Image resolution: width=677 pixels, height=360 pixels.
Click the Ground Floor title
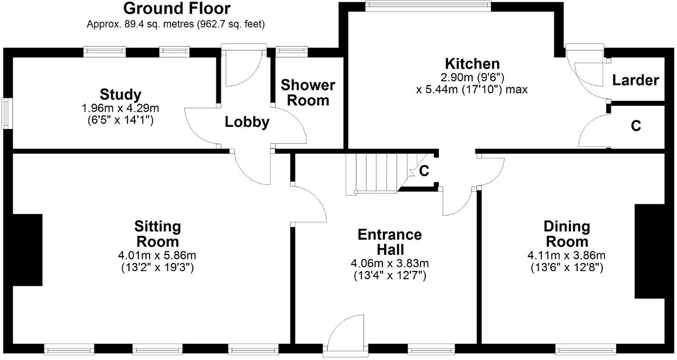click(176, 9)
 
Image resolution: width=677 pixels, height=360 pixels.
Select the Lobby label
click(247, 123)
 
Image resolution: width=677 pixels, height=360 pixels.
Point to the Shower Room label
click(308, 93)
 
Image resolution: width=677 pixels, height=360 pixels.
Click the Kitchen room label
click(472, 63)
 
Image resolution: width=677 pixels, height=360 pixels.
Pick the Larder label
click(635, 80)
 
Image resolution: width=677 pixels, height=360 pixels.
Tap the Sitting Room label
click(157, 234)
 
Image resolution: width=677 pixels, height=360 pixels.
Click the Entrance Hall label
click(389, 242)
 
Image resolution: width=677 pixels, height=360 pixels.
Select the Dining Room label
click(567, 234)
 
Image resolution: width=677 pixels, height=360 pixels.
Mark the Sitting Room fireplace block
click(27, 250)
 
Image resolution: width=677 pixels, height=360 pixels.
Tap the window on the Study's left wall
click(7, 113)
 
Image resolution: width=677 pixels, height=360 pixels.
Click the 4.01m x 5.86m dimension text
click(157, 255)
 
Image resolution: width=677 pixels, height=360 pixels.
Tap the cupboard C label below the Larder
click(636, 126)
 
